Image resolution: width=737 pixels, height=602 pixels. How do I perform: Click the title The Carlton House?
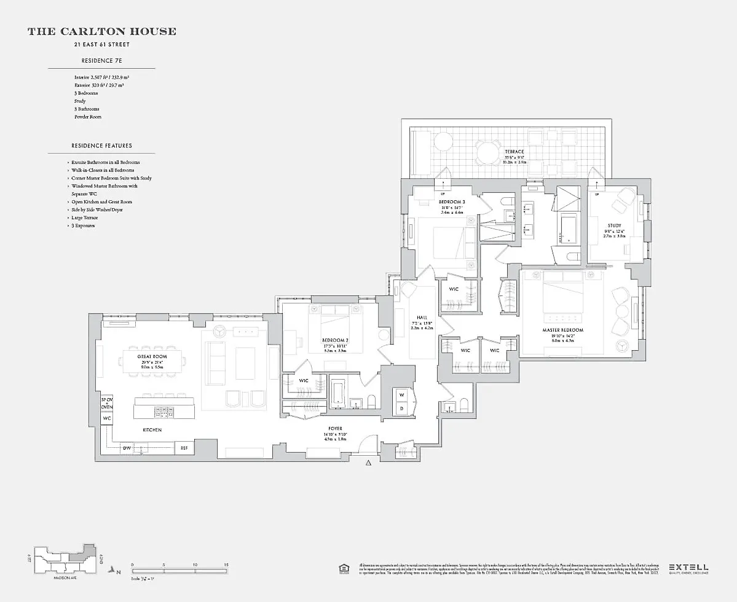coord(101,31)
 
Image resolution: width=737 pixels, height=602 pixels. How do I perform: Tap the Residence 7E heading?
coord(101,61)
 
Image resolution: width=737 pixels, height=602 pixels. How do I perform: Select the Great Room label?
coord(152,356)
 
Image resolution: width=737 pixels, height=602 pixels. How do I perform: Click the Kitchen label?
coord(152,430)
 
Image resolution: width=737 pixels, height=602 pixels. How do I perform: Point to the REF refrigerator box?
coord(184,448)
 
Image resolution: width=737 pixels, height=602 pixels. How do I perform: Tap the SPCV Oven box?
coord(106,403)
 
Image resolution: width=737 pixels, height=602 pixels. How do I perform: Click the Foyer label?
coord(335,428)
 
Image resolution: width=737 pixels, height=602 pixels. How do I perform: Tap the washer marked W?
coord(401,394)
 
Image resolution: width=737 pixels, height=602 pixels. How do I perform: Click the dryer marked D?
coord(401,408)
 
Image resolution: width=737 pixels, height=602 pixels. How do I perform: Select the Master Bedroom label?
coord(562,330)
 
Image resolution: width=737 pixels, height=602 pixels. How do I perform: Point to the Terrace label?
coord(514,152)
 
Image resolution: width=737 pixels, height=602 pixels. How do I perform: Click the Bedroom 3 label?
coord(452,201)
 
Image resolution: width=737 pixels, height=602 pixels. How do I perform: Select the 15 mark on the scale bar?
coord(226,564)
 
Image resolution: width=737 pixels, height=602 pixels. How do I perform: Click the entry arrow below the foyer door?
coord(369,463)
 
